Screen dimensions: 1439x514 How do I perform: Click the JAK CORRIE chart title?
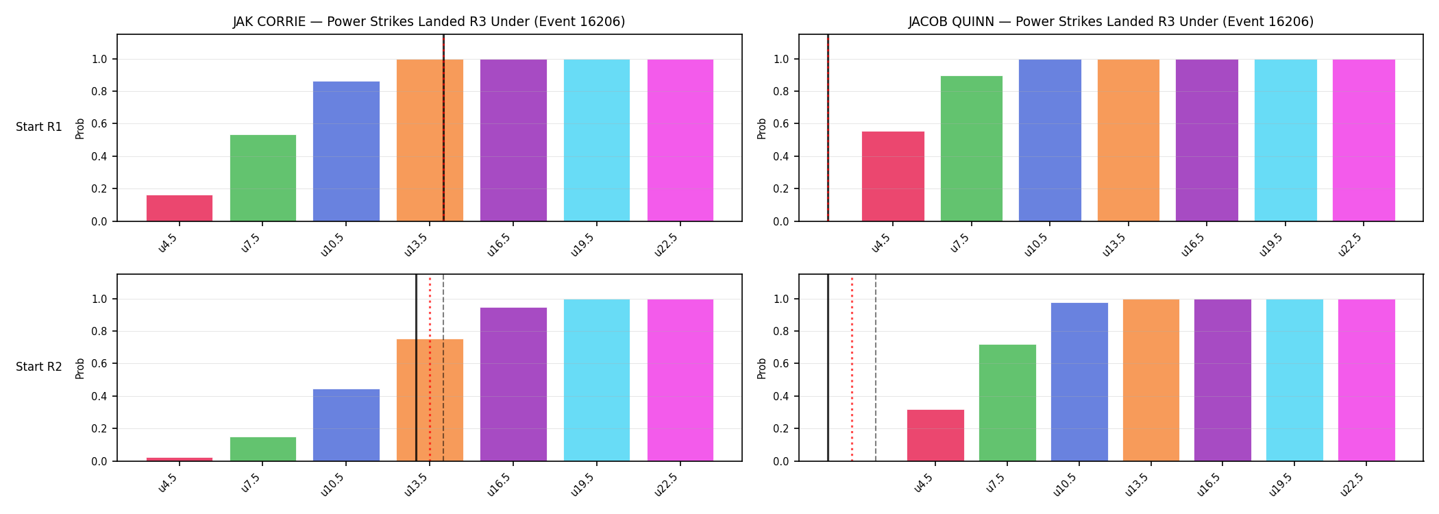tap(429, 22)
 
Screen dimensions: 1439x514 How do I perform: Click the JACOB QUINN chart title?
tap(1111, 22)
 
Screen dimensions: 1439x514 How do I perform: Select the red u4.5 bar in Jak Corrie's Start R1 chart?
tap(180, 208)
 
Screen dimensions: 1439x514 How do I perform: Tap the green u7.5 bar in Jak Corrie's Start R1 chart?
tap(263, 178)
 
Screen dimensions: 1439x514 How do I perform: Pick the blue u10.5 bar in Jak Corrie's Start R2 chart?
tap(346, 425)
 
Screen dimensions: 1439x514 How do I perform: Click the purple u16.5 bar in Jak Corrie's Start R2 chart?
tap(513, 384)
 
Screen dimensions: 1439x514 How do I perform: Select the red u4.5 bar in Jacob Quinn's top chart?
tap(893, 176)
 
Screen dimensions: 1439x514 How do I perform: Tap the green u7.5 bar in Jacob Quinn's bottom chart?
tap(1007, 403)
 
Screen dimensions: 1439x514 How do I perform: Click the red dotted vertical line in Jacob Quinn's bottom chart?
tap(852, 368)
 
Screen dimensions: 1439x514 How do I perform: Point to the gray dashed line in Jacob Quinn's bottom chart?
tap(876, 368)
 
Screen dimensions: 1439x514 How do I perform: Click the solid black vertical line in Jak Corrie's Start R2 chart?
tap(416, 368)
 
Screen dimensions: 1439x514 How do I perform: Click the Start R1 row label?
tap(39, 127)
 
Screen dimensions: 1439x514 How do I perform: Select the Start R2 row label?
tap(39, 367)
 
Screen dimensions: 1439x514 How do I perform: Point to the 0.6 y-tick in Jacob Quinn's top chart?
tap(781, 124)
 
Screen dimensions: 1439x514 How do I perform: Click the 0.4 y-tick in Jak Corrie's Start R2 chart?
tap(99, 397)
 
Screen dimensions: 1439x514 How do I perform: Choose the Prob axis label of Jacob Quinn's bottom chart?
tap(762, 368)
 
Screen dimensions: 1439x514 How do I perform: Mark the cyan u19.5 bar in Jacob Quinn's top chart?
tap(1286, 140)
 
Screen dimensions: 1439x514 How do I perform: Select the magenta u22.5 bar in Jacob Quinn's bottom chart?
tap(1366, 380)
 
